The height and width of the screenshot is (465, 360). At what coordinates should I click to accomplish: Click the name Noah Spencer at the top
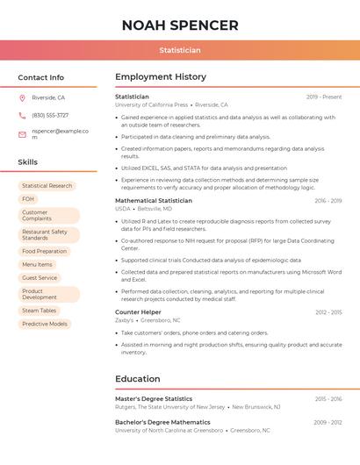pos(180,25)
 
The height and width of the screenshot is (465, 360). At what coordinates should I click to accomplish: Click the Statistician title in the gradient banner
pos(180,50)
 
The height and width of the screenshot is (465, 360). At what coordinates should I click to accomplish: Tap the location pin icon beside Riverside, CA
pos(22,97)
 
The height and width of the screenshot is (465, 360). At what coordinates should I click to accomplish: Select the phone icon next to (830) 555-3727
pos(22,115)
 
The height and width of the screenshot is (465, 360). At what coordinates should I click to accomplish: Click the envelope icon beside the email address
pos(22,134)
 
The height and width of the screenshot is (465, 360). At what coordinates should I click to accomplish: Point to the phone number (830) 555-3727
pos(50,115)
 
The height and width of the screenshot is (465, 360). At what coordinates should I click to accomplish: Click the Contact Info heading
pos(41,77)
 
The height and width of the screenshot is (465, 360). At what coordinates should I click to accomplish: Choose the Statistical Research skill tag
pos(47,186)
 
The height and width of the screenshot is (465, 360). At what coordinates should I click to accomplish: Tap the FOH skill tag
pos(28,199)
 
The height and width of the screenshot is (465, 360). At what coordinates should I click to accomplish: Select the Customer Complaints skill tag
pos(48,215)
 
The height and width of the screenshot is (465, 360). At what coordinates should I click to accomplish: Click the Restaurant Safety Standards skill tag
pos(48,235)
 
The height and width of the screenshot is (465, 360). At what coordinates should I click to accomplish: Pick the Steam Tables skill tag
pos(40,311)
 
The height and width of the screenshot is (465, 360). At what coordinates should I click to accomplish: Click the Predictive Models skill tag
pos(45,324)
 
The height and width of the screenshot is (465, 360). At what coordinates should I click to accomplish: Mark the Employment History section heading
pos(161,77)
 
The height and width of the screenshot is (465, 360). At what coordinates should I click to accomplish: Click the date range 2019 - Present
pos(324,97)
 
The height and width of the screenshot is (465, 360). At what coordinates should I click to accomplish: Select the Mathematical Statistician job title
pos(154,201)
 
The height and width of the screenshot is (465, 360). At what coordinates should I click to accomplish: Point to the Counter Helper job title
pos(138,312)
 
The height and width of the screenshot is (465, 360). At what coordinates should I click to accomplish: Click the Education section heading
pos(138,379)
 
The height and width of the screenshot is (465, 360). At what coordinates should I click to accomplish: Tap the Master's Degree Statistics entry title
pos(154,398)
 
